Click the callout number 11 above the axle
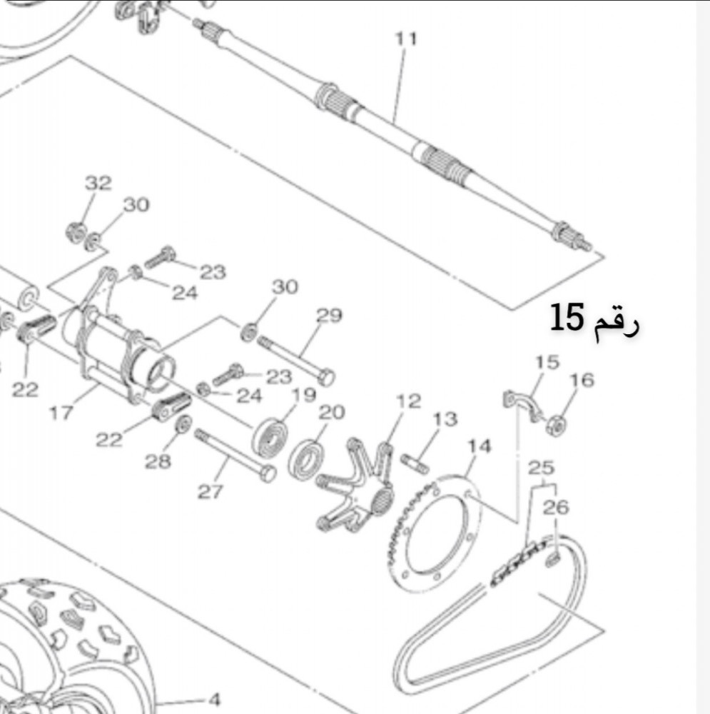click(406, 39)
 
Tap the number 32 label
click(98, 183)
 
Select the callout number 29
click(329, 315)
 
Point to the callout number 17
click(61, 413)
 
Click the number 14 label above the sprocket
click(480, 446)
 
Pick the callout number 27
click(210, 492)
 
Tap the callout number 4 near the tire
click(214, 699)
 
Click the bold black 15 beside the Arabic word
click(567, 318)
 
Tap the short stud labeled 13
click(415, 463)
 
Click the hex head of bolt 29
click(326, 377)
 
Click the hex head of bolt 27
click(267, 473)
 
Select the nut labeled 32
click(75, 232)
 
